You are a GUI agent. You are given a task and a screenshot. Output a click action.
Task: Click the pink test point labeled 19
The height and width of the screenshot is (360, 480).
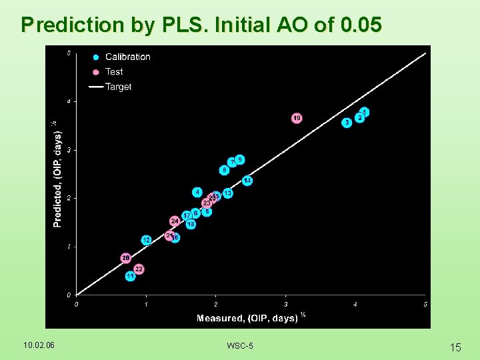(x=297, y=118)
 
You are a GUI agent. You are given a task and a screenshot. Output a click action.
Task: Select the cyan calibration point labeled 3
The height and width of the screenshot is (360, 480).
(x=347, y=123)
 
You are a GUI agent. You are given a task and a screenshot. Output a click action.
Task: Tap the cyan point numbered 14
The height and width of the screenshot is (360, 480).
(x=247, y=181)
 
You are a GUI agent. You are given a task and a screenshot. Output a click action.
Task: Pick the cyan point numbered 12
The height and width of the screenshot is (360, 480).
(x=146, y=239)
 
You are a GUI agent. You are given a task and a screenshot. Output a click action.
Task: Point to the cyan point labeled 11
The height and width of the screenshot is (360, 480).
(x=131, y=275)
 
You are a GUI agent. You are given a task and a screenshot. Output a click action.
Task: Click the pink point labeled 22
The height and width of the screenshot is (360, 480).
(x=139, y=269)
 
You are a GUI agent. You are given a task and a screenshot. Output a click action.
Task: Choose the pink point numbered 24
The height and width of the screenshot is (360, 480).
(x=175, y=221)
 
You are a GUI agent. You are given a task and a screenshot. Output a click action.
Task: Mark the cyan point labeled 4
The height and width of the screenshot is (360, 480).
(x=197, y=192)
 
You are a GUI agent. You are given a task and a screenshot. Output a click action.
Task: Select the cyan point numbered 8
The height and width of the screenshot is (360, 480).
(x=225, y=170)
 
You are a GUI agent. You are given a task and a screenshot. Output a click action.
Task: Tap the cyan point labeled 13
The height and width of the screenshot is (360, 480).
(x=228, y=193)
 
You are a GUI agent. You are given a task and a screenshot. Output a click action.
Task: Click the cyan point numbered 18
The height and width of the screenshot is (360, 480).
(x=191, y=225)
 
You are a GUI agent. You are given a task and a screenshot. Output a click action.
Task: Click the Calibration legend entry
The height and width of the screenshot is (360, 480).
(x=127, y=57)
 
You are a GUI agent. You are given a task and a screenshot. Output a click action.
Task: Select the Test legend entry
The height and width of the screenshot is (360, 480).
(x=114, y=71)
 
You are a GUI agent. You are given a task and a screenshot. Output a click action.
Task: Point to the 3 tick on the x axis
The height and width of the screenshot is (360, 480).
(x=285, y=304)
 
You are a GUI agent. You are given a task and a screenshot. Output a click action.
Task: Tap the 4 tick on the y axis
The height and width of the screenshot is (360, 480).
(x=68, y=101)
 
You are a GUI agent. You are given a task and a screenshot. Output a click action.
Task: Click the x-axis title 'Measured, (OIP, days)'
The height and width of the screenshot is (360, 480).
(x=247, y=318)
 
